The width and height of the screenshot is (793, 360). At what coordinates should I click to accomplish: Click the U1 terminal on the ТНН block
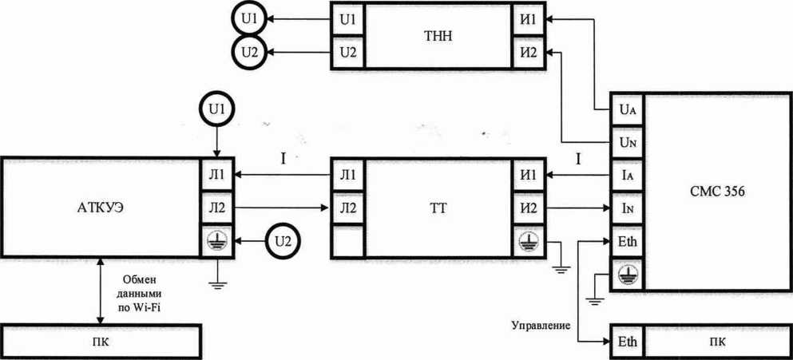pyautogui.click(x=347, y=19)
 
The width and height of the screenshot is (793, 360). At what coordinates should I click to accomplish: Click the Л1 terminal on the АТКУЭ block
pyautogui.click(x=215, y=174)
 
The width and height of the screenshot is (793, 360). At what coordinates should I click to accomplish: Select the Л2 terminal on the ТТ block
pyautogui.click(x=347, y=208)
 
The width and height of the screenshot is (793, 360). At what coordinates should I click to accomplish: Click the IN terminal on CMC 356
pyautogui.click(x=627, y=208)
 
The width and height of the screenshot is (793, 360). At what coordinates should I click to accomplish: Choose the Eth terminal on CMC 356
pyautogui.click(x=627, y=240)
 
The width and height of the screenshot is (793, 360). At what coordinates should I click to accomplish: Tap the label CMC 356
pyautogui.click(x=717, y=192)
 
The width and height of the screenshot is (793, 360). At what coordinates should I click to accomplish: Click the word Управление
pyautogui.click(x=540, y=326)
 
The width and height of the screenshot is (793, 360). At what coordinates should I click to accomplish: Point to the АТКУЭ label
pyautogui.click(x=100, y=208)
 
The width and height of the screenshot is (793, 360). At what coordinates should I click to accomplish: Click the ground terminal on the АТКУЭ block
pyautogui.click(x=215, y=239)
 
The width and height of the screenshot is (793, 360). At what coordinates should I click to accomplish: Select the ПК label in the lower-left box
pyautogui.click(x=100, y=341)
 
